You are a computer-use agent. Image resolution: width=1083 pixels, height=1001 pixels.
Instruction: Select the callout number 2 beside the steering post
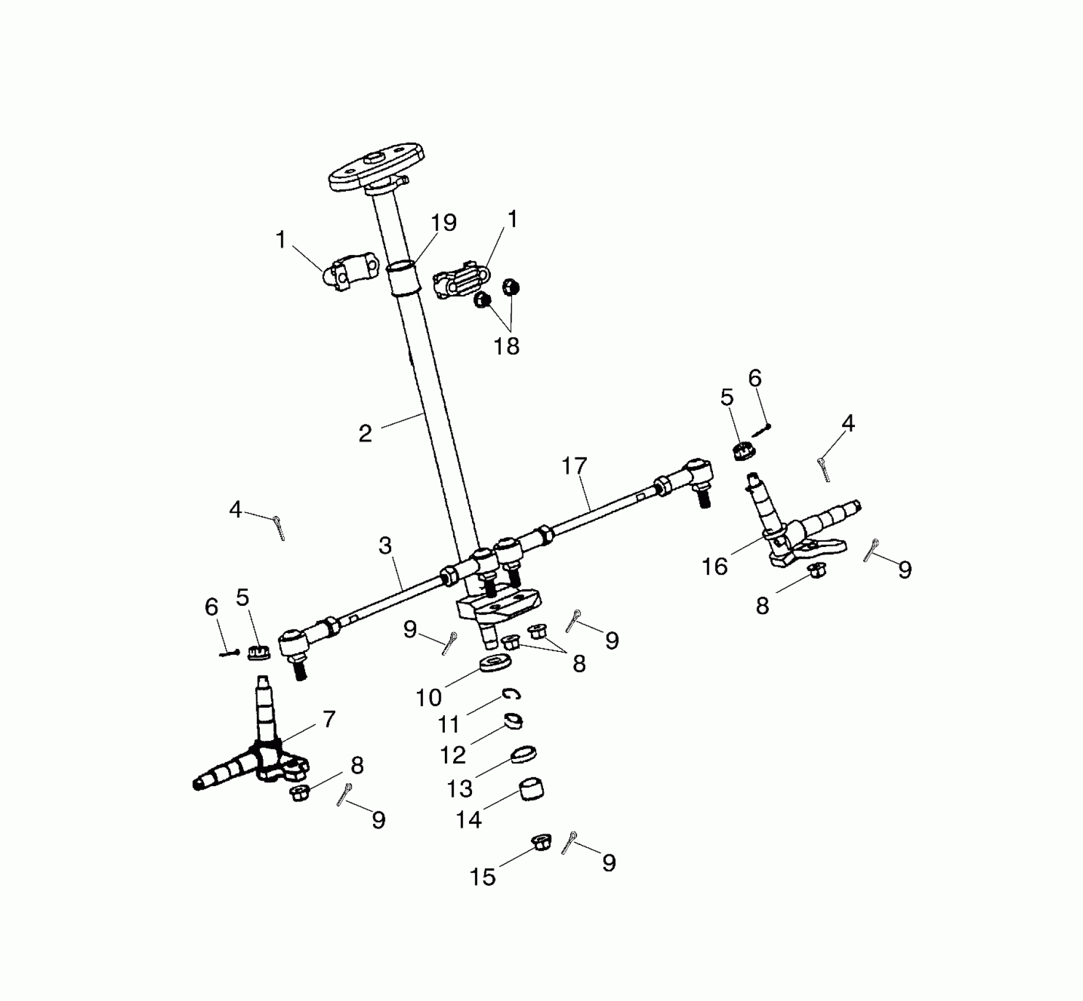(x=365, y=434)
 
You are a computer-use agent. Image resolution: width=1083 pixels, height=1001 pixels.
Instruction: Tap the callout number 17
(x=574, y=466)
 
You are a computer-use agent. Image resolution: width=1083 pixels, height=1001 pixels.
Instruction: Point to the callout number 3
(x=385, y=546)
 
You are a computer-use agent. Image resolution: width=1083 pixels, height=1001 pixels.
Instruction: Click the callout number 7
(x=329, y=719)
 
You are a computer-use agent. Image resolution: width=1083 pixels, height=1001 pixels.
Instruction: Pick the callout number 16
(x=715, y=566)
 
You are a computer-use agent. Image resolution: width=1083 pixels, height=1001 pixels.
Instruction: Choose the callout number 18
(x=507, y=346)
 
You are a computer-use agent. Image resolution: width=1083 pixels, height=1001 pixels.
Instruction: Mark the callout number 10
(x=428, y=698)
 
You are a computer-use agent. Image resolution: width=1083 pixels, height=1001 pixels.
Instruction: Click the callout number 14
(x=469, y=819)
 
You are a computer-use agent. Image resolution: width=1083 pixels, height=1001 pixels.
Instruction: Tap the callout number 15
(x=482, y=877)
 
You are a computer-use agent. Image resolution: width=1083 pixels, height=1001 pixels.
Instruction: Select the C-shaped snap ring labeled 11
(x=511, y=695)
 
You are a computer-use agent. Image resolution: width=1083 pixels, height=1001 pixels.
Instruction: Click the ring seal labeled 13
(x=524, y=754)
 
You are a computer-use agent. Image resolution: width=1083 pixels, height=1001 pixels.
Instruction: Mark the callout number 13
(x=460, y=788)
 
